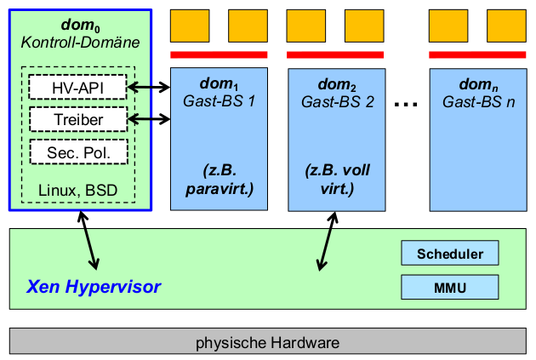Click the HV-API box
tap(77, 87)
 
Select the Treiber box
tap(77, 119)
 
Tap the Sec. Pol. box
tap(77, 152)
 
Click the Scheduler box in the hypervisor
tap(450, 254)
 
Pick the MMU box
tap(450, 287)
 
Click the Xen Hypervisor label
tap(94, 287)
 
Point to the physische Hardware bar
tap(268, 343)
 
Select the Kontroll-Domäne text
tap(80, 43)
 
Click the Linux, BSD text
tap(78, 188)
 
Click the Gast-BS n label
tap(478, 101)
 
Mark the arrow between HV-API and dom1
tap(149, 87)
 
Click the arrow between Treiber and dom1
tap(149, 119)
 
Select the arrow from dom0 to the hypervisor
tap(88, 242)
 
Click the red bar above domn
tap(477, 54)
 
